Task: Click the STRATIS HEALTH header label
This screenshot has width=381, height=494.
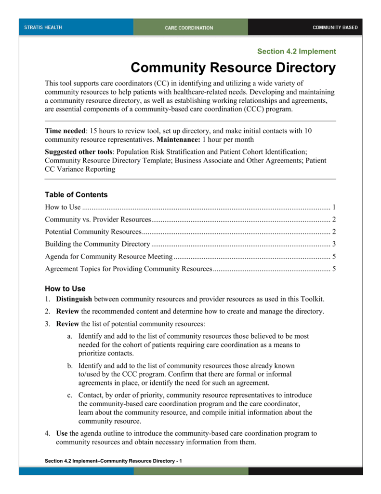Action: [43, 27]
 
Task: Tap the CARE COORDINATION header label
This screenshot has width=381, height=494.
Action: [189, 28]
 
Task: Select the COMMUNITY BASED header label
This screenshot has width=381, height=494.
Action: [335, 27]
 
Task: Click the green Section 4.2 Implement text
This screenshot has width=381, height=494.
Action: [296, 51]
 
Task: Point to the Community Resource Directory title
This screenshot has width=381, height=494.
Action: [233, 68]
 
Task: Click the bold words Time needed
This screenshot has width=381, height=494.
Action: [66, 131]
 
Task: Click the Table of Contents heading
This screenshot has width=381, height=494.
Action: [76, 195]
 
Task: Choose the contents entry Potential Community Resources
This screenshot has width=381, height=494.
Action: [93, 232]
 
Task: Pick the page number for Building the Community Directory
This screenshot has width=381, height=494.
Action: [334, 244]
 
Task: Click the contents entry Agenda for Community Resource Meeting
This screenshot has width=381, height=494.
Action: [108, 256]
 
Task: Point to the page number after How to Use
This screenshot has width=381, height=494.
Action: [334, 208]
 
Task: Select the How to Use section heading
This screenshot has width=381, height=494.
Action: [65, 289]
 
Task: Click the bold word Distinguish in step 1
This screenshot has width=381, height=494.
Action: [74, 299]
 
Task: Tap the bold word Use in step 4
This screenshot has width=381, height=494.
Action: [62, 433]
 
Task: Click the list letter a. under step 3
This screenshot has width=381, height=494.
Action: [70, 336]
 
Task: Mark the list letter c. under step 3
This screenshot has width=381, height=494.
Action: [70, 395]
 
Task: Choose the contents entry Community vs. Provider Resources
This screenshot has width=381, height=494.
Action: [98, 220]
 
